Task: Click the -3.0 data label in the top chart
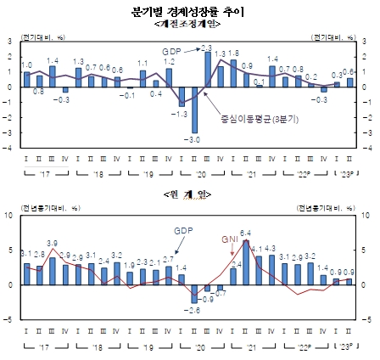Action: [x=194, y=139]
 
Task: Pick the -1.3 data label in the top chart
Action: [x=180, y=113]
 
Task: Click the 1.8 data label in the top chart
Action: [x=233, y=53]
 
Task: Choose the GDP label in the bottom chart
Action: [x=184, y=231]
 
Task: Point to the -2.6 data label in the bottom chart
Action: [x=193, y=311]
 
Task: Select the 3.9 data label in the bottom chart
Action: [x=52, y=244]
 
